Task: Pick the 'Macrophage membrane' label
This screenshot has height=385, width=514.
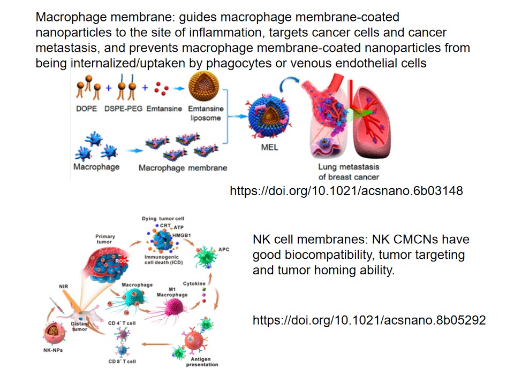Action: (x=183, y=167)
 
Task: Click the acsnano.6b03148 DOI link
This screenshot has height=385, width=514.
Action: (x=346, y=190)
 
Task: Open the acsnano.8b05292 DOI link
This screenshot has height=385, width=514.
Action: (x=369, y=320)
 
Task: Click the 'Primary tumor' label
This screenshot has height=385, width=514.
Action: (x=105, y=238)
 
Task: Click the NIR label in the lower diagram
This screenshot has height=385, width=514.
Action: (x=64, y=286)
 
